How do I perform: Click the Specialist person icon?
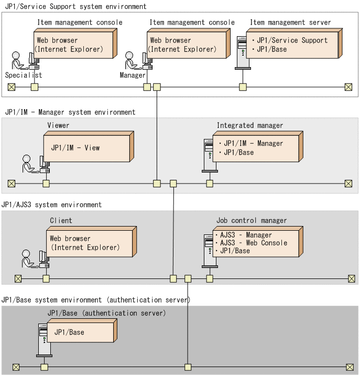point(18,60)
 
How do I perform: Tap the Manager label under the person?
point(133,76)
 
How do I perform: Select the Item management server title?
point(290,23)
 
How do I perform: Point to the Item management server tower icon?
point(242,53)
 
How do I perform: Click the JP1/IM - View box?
point(89,146)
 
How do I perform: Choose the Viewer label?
point(58,125)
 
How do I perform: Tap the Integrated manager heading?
point(250,125)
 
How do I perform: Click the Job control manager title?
point(252,220)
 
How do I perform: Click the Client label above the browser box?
point(61,220)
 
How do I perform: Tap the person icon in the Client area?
point(28,259)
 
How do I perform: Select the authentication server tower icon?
point(44,340)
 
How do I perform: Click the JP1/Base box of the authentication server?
point(82,330)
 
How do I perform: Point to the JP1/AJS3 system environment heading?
point(51,205)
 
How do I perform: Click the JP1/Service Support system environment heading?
point(75,6)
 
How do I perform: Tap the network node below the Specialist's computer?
point(35,87)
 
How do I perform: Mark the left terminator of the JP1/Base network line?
point(16,367)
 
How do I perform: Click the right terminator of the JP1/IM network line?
point(348,184)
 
